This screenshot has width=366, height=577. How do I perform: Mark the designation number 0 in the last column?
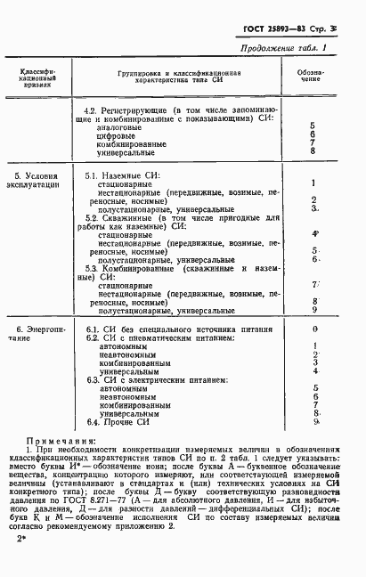[315, 329]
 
